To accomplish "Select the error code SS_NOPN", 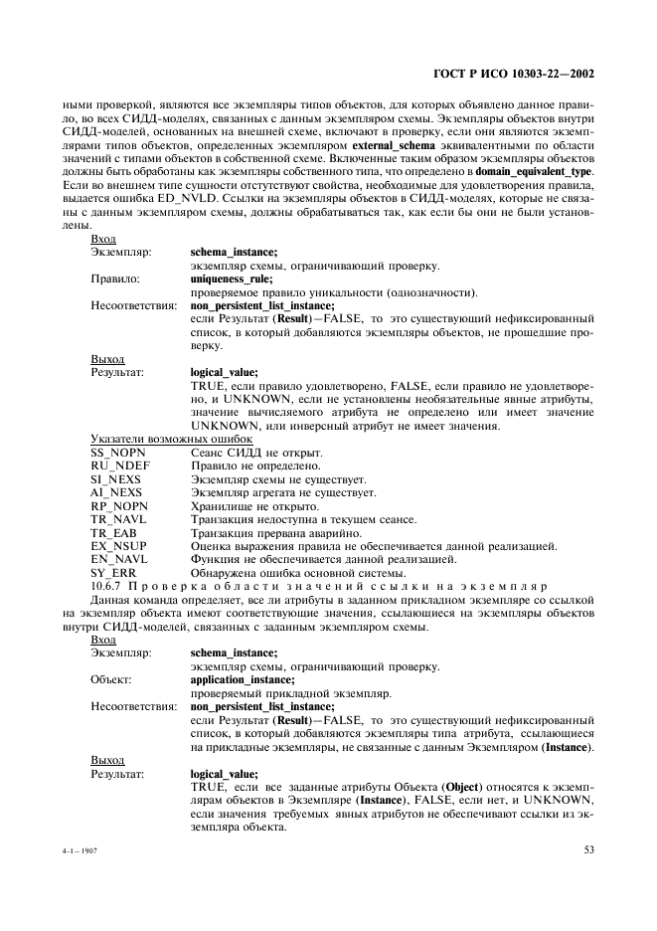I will (117, 453).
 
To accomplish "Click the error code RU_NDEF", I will (117, 465).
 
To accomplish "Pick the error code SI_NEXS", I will (115, 479).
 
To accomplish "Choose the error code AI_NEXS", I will (116, 492).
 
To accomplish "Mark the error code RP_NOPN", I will (117, 506).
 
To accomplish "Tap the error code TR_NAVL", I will (117, 519).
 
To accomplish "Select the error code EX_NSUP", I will (117, 546).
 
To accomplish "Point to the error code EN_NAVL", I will (118, 560).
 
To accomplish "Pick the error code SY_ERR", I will (113, 573).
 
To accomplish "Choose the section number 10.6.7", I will (107, 587).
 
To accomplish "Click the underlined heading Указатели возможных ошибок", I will (172, 439).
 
